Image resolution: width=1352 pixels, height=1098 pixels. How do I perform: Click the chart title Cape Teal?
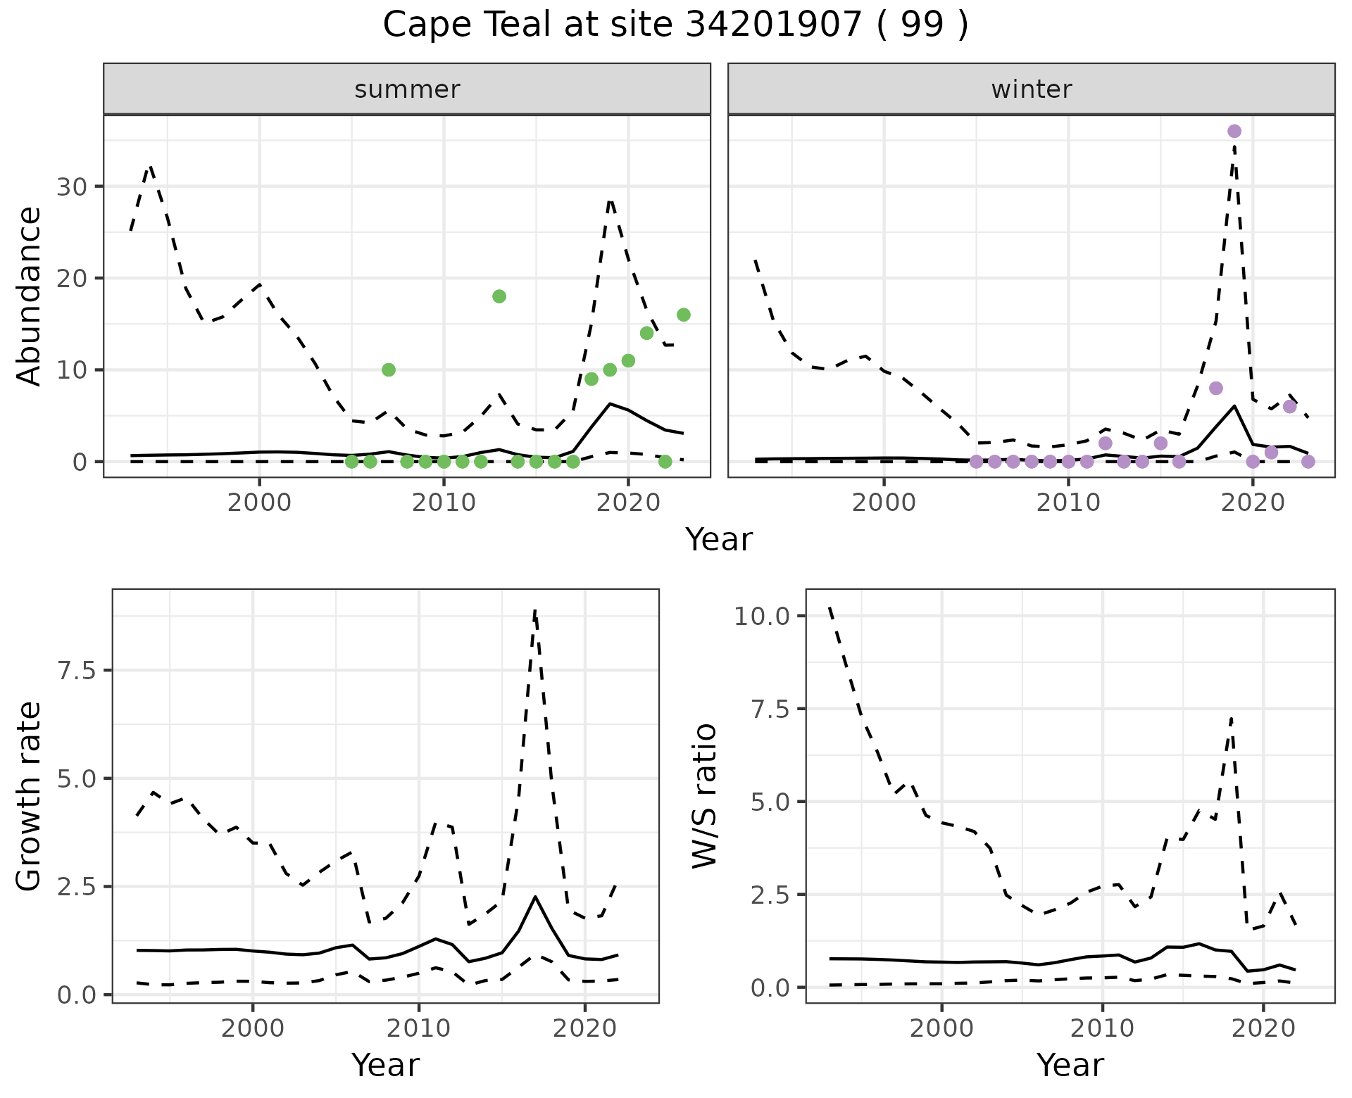[x=675, y=25]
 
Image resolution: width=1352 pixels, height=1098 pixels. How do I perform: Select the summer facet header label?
[x=407, y=89]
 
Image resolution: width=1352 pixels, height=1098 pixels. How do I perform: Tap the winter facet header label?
[x=1031, y=89]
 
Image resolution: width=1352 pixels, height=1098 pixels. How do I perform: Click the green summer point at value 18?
[x=499, y=296]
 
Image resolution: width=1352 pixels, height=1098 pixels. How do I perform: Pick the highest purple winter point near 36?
[x=1234, y=132]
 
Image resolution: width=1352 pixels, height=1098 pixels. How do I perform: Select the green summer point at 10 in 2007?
[x=389, y=370]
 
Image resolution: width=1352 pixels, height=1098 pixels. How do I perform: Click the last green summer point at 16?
[x=684, y=315]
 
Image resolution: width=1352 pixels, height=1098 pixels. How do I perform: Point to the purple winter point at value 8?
[x=1216, y=389]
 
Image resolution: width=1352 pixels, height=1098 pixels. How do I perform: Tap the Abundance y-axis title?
[x=30, y=296]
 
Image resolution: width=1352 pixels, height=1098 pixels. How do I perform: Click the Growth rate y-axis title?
[x=30, y=795]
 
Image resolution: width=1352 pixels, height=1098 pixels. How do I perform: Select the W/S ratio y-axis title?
[x=704, y=795]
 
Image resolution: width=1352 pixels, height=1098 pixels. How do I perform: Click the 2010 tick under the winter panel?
[x=1068, y=503]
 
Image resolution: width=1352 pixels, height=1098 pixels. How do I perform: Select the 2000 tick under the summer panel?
[x=260, y=503]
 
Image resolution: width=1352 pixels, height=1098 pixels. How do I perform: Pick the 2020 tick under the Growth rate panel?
[x=584, y=1028]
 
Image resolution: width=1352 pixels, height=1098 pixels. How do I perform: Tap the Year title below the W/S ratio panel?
[x=1070, y=1065]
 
